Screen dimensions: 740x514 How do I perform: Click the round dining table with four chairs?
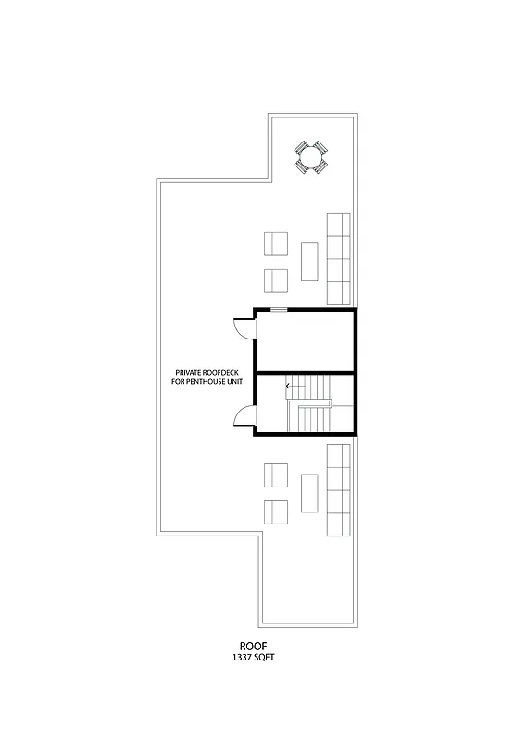tap(311, 156)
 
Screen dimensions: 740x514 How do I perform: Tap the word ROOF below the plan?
tap(253, 647)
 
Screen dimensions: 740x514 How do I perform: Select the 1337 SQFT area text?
tap(253, 658)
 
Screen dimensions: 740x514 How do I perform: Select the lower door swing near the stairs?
tap(244, 418)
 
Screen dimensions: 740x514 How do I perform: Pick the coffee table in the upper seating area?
tap(309, 261)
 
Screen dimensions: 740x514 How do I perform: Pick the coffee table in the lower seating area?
tap(309, 493)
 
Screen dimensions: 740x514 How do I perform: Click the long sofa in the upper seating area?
tap(338, 259)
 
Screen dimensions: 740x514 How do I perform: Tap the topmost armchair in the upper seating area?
tap(277, 244)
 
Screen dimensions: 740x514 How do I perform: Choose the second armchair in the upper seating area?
tap(277, 279)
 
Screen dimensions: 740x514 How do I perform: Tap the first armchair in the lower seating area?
tap(277, 475)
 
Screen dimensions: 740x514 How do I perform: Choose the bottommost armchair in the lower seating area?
tap(277, 512)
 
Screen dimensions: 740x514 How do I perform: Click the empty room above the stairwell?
tap(305, 340)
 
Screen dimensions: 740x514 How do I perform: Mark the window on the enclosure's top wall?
tap(277, 310)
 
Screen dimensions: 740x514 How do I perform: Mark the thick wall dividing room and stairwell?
tap(305, 372)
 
